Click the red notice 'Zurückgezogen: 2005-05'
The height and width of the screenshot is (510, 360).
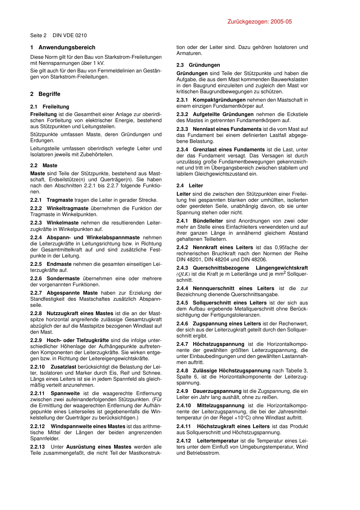pos(260,22)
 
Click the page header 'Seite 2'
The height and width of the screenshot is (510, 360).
pos(38,35)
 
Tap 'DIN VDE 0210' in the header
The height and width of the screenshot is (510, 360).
pos(70,35)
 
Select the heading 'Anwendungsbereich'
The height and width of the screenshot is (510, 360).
pos(67,47)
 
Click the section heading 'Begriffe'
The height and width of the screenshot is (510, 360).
pos(49,94)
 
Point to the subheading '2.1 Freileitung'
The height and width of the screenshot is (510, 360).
pos(50,107)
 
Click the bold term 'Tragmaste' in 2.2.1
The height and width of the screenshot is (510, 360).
pos(60,200)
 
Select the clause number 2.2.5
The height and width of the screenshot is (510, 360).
pos(36,264)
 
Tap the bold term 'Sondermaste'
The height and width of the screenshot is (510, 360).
pos(63,278)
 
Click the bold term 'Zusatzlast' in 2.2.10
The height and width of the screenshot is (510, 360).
pos(64,367)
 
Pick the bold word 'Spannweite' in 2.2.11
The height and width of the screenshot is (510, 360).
pos(65,393)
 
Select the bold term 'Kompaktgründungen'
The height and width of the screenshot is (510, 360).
pos(219,100)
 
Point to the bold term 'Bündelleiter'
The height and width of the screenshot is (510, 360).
pos(208,221)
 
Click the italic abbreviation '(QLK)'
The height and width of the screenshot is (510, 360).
pos(183,274)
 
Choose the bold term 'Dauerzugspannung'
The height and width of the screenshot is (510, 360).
pos(217,391)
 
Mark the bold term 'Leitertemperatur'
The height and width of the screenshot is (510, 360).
pos(218,441)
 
